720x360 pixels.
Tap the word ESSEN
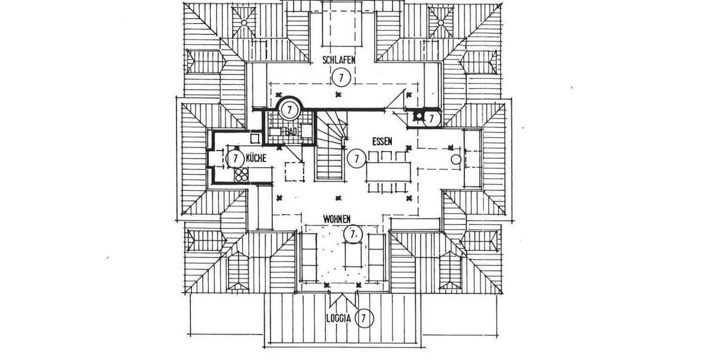click(x=382, y=142)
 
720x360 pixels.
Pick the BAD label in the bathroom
click(x=292, y=131)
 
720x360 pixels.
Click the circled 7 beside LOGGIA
click(x=364, y=318)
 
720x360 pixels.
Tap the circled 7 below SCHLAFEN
click(x=341, y=77)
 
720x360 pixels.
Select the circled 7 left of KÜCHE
click(x=235, y=159)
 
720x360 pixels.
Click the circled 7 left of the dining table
click(x=356, y=159)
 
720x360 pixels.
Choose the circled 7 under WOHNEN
click(x=352, y=235)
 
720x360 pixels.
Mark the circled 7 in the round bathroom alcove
click(x=290, y=110)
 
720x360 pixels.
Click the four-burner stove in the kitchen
click(x=242, y=175)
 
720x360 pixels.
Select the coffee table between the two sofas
click(x=352, y=258)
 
